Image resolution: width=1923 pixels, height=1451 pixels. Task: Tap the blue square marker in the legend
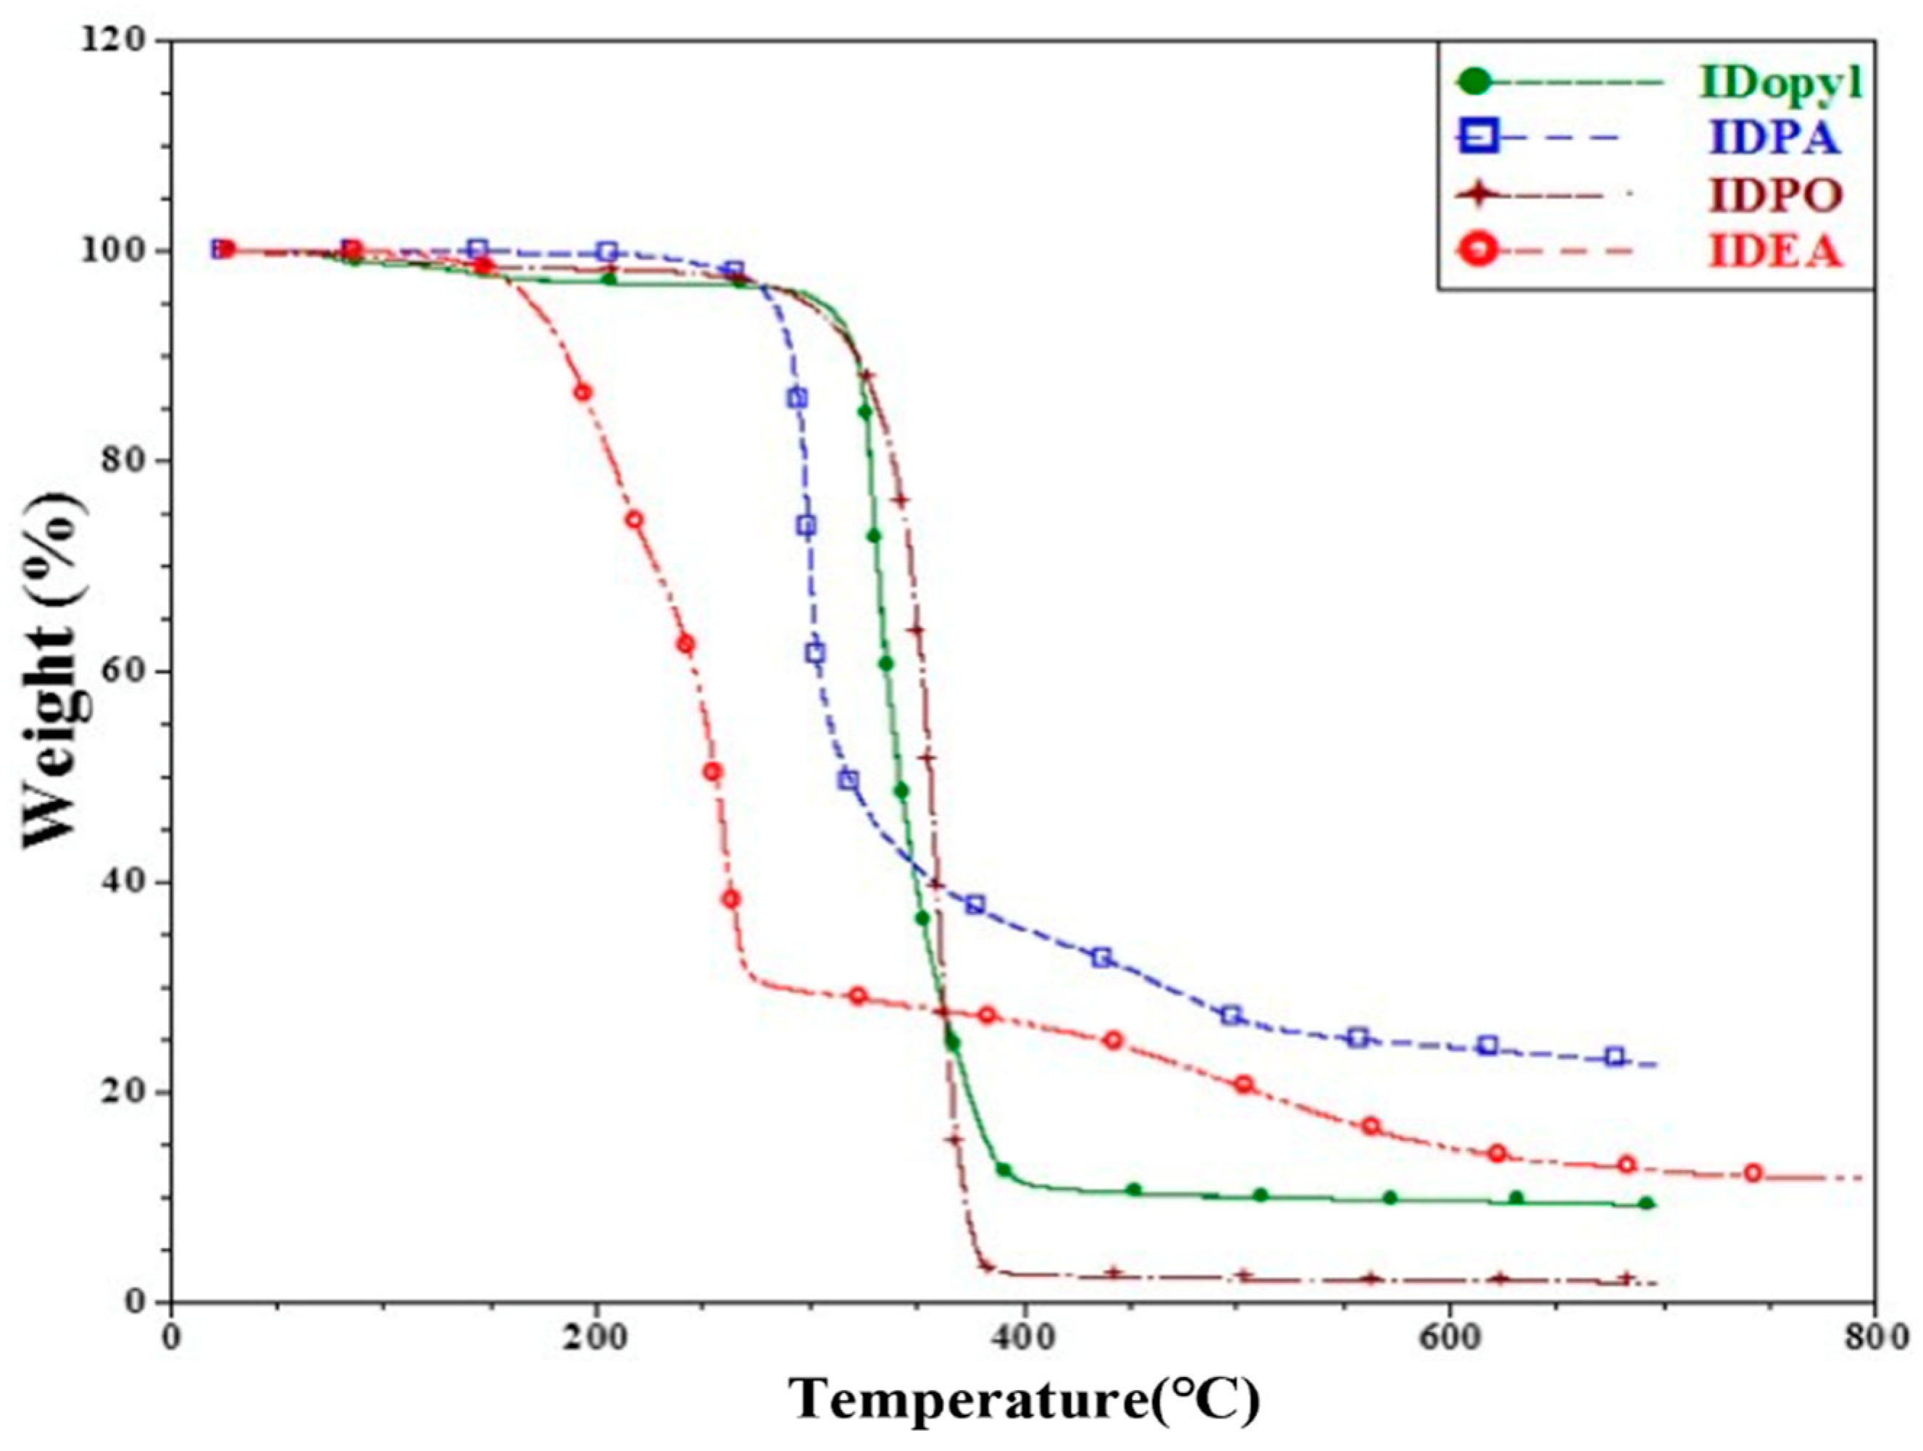click(1481, 138)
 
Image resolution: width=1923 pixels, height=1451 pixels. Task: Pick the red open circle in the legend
click(1481, 251)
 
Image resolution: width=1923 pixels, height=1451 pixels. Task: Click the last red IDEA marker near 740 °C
click(1753, 1173)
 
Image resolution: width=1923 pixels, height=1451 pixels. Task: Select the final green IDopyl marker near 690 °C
click(1645, 1204)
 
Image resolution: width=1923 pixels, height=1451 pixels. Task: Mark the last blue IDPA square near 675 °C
click(1614, 1057)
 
